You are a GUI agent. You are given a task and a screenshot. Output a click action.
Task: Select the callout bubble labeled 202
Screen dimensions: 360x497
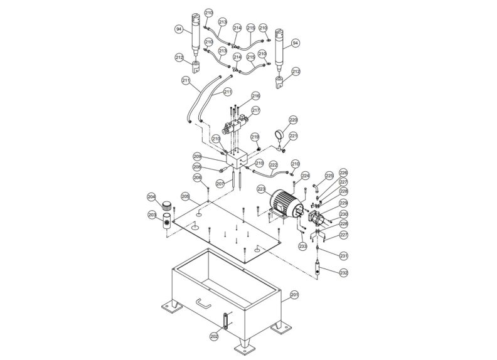[x=214, y=336]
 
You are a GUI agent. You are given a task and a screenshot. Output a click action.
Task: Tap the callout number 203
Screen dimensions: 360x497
[x=152, y=215]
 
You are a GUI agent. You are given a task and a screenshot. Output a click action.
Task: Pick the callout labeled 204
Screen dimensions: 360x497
[x=152, y=196]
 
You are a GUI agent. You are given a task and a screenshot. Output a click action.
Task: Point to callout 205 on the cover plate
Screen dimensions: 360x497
[x=185, y=196]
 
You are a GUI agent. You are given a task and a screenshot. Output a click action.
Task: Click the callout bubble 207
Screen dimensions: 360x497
[x=220, y=184]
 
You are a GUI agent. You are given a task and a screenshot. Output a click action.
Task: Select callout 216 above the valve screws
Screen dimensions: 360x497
[x=255, y=96]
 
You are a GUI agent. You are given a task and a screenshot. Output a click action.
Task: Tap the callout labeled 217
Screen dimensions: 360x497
[x=255, y=110]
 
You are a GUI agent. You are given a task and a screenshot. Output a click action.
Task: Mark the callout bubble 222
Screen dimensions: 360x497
[x=273, y=166]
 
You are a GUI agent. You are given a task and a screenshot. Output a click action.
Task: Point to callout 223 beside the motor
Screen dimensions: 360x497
[x=261, y=188]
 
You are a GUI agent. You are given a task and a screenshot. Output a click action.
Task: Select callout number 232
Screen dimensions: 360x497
[x=343, y=273]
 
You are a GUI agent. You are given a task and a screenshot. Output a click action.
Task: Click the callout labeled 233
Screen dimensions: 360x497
[x=303, y=246]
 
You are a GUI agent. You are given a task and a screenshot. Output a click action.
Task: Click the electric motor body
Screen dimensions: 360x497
[x=285, y=204]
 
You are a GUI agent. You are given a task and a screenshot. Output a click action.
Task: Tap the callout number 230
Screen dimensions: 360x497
[x=343, y=214]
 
